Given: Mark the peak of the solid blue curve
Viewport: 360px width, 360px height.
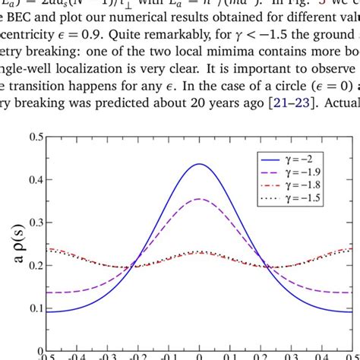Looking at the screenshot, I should coord(198,164).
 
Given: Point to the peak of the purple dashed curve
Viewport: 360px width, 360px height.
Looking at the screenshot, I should coord(198,199).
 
